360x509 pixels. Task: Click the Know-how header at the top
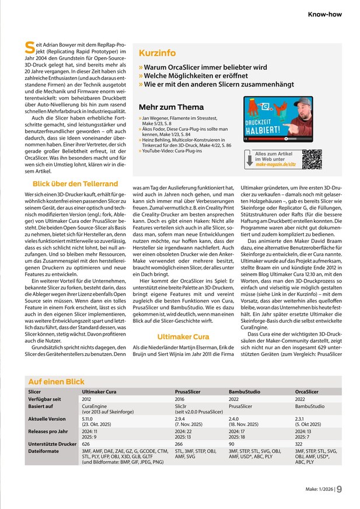325,14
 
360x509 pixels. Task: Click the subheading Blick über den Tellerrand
75,184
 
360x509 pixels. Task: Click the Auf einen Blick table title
56,381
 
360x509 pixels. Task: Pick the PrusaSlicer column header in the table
188,392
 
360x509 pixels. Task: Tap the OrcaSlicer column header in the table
307,392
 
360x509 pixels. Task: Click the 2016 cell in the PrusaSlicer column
180,399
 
